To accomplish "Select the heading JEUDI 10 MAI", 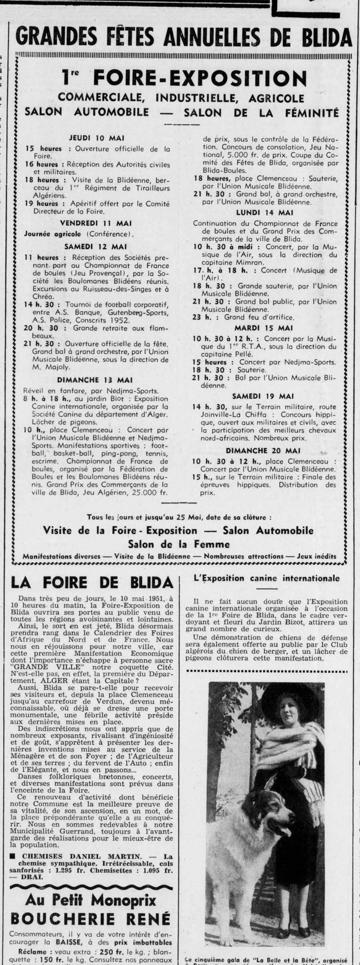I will point(97,138).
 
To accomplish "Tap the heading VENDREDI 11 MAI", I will point(96,223).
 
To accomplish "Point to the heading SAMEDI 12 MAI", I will point(96,247).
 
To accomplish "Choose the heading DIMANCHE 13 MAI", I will point(95,380).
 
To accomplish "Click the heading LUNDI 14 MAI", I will point(265,212).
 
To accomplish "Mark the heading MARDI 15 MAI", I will point(265,328).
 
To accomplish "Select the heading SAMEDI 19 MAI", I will point(265,396).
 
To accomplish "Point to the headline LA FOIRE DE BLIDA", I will point(92,582).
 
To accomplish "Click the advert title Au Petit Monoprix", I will point(91,908).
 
